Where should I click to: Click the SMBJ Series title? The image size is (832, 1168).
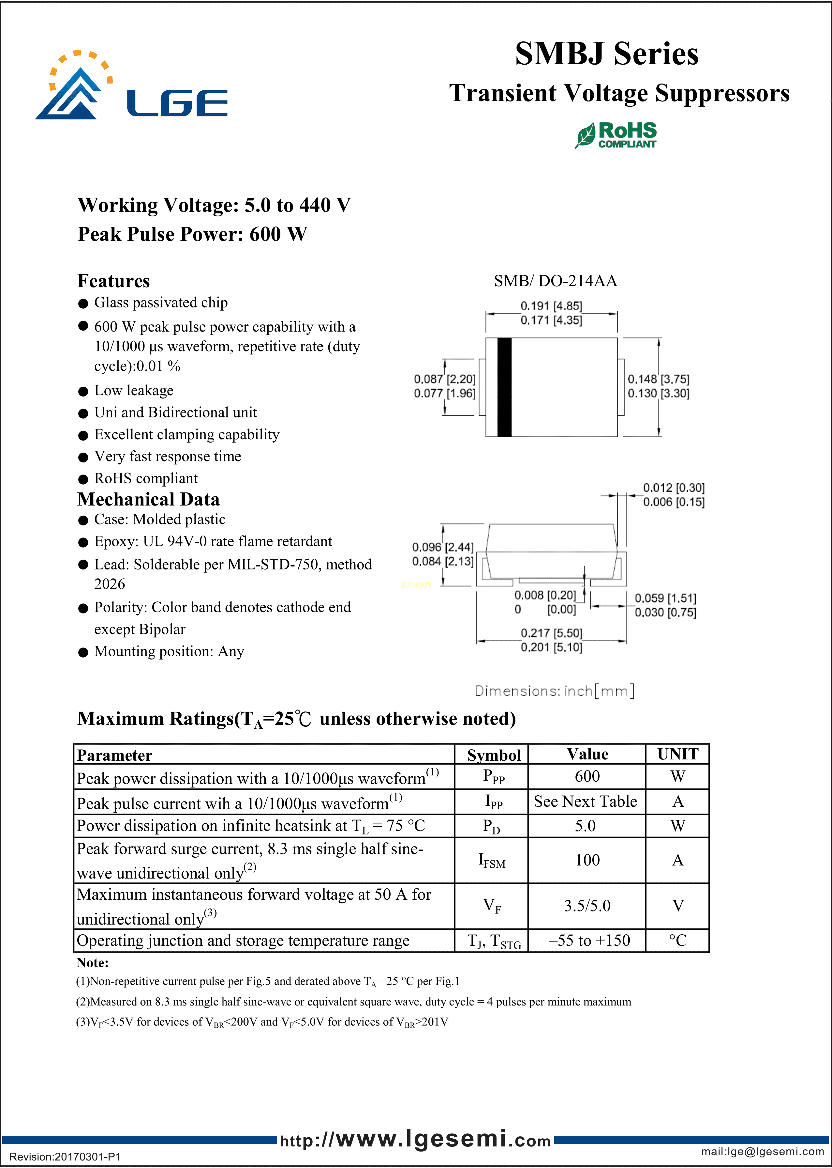tap(607, 54)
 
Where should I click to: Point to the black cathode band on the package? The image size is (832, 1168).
tap(504, 387)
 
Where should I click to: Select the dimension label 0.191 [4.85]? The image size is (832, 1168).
tap(551, 306)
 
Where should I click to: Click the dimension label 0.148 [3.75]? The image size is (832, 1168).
tap(658, 380)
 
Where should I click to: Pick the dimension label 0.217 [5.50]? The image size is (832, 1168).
tap(551, 633)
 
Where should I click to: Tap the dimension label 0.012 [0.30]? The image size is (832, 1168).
tap(674, 488)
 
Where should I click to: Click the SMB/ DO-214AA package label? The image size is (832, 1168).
tap(555, 281)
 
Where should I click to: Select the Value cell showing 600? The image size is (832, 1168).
tap(587, 776)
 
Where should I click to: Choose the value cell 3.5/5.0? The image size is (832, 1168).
tap(587, 906)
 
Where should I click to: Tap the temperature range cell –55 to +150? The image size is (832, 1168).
tap(589, 940)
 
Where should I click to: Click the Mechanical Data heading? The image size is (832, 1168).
tap(149, 499)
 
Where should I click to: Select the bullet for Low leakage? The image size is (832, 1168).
tap(83, 392)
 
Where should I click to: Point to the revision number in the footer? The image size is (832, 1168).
tap(65, 1157)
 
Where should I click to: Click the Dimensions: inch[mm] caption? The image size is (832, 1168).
tap(554, 691)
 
